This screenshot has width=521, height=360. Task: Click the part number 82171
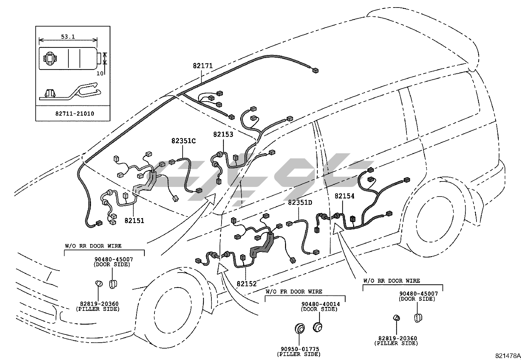[203, 66]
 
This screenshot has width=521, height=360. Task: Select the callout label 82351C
[183, 141]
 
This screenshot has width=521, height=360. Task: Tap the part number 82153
[223, 134]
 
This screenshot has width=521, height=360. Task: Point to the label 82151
[134, 220]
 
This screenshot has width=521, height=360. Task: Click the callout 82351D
[300, 203]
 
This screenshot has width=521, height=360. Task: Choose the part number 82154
[344, 196]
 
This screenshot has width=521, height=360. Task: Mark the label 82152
[247, 284]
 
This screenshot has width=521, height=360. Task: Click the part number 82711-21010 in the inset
[75, 114]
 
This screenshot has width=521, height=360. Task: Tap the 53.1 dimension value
[68, 37]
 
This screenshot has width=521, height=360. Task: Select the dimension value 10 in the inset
[100, 73]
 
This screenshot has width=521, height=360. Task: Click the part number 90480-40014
[320, 304]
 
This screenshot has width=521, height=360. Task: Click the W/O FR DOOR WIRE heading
[294, 292]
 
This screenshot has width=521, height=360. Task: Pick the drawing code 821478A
[508, 356]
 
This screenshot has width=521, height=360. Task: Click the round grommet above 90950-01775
[298, 329]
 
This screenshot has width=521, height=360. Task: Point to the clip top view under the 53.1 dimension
[68, 58]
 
